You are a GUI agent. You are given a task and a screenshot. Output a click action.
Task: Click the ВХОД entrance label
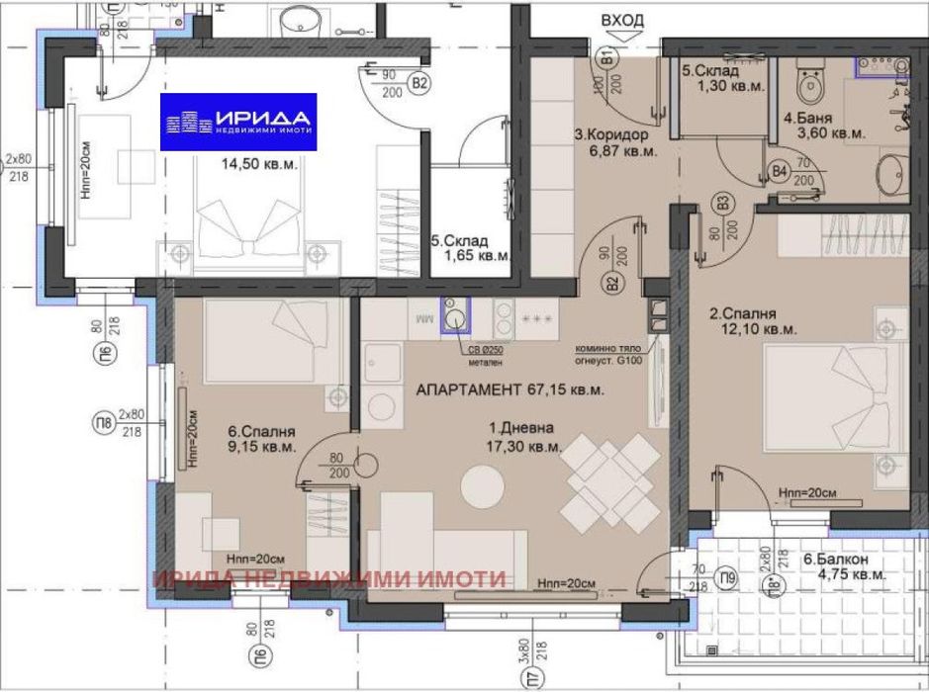click(621, 20)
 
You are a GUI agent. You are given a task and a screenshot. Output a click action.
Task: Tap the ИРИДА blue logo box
click(238, 122)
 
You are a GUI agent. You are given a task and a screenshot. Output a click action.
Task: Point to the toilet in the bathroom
click(812, 83)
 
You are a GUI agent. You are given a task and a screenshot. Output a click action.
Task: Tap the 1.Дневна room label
click(521, 437)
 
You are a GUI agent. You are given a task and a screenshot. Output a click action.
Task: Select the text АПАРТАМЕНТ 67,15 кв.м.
click(510, 390)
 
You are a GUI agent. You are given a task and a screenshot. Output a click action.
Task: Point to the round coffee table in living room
click(484, 484)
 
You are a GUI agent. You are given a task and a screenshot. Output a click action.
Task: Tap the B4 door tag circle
click(779, 174)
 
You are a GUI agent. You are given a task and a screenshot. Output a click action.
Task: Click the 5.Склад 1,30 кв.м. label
click(725, 78)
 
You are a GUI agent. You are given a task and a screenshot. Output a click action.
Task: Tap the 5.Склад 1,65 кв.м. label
click(470, 247)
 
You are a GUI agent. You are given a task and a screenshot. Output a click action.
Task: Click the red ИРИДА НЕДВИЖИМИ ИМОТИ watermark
click(329, 579)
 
